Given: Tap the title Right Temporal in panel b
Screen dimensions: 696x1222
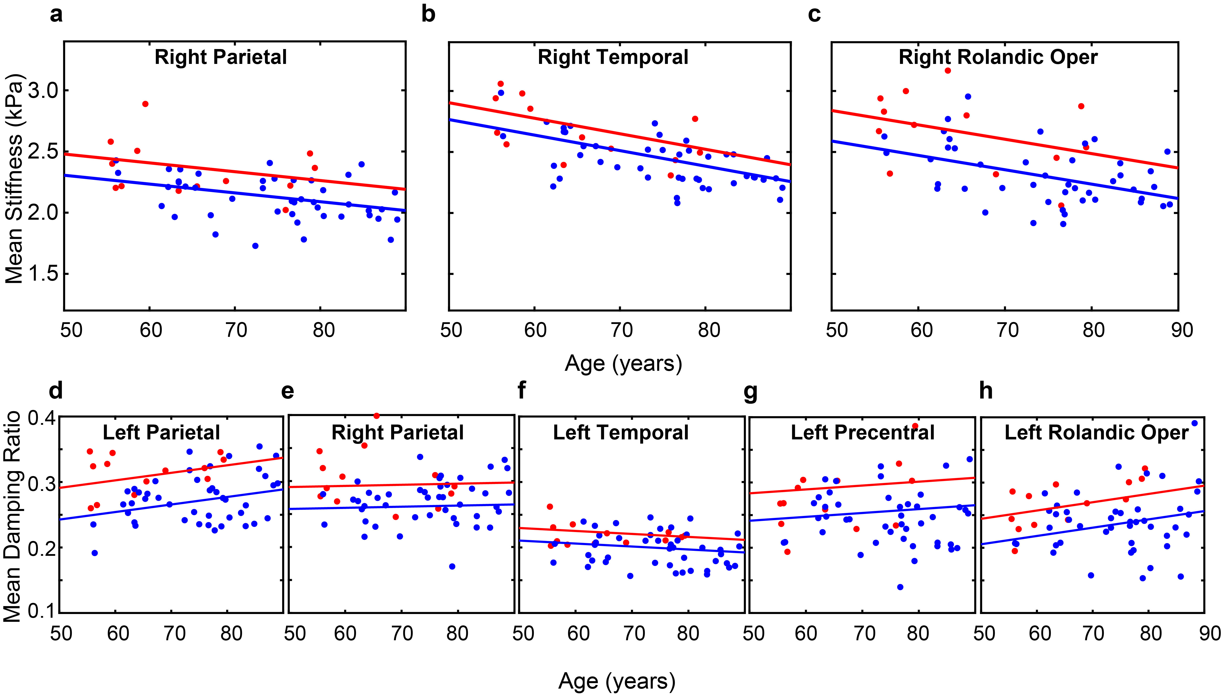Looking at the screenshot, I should click(x=613, y=57).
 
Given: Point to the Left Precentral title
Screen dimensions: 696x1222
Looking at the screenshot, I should click(x=862, y=433).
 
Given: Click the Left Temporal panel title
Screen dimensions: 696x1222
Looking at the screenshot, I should click(x=621, y=433).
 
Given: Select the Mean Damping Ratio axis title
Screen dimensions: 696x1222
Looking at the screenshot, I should click(x=12, y=516).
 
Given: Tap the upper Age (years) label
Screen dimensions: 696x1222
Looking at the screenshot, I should click(x=623, y=364).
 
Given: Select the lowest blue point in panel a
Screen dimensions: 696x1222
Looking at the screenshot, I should click(x=255, y=246).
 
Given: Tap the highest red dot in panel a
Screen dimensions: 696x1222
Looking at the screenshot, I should click(x=145, y=104).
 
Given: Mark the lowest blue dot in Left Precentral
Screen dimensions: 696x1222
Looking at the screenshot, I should click(x=900, y=587).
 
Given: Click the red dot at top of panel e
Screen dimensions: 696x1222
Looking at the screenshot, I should click(x=376, y=416).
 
